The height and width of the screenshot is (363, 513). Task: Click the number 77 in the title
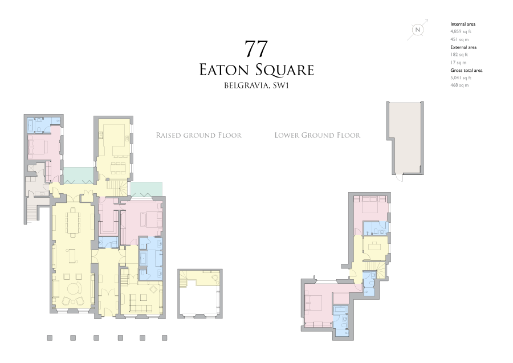click(256, 49)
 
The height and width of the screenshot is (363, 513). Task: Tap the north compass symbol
click(418, 30)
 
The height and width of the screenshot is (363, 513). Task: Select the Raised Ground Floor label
click(198, 136)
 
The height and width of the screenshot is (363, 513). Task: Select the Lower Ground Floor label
click(317, 136)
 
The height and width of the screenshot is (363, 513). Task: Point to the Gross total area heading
click(466, 70)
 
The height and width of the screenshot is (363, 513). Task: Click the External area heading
click(463, 47)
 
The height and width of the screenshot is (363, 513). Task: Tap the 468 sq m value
click(459, 85)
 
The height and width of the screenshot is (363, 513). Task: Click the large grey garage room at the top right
click(405, 137)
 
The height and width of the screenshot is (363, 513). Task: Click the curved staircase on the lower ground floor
click(376, 268)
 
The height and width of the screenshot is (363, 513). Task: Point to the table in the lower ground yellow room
click(374, 247)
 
